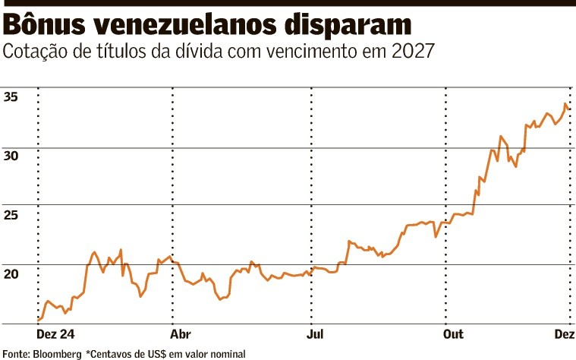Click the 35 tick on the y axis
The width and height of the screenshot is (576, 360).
click(11, 96)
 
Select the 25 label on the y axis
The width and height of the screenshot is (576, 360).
click(11, 215)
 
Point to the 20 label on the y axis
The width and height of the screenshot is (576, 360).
click(11, 273)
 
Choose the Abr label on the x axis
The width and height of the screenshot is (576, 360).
click(180, 334)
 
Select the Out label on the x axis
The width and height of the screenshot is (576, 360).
click(453, 334)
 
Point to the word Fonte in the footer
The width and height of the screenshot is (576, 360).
click(15, 353)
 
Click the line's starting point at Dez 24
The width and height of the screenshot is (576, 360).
click(38, 320)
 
